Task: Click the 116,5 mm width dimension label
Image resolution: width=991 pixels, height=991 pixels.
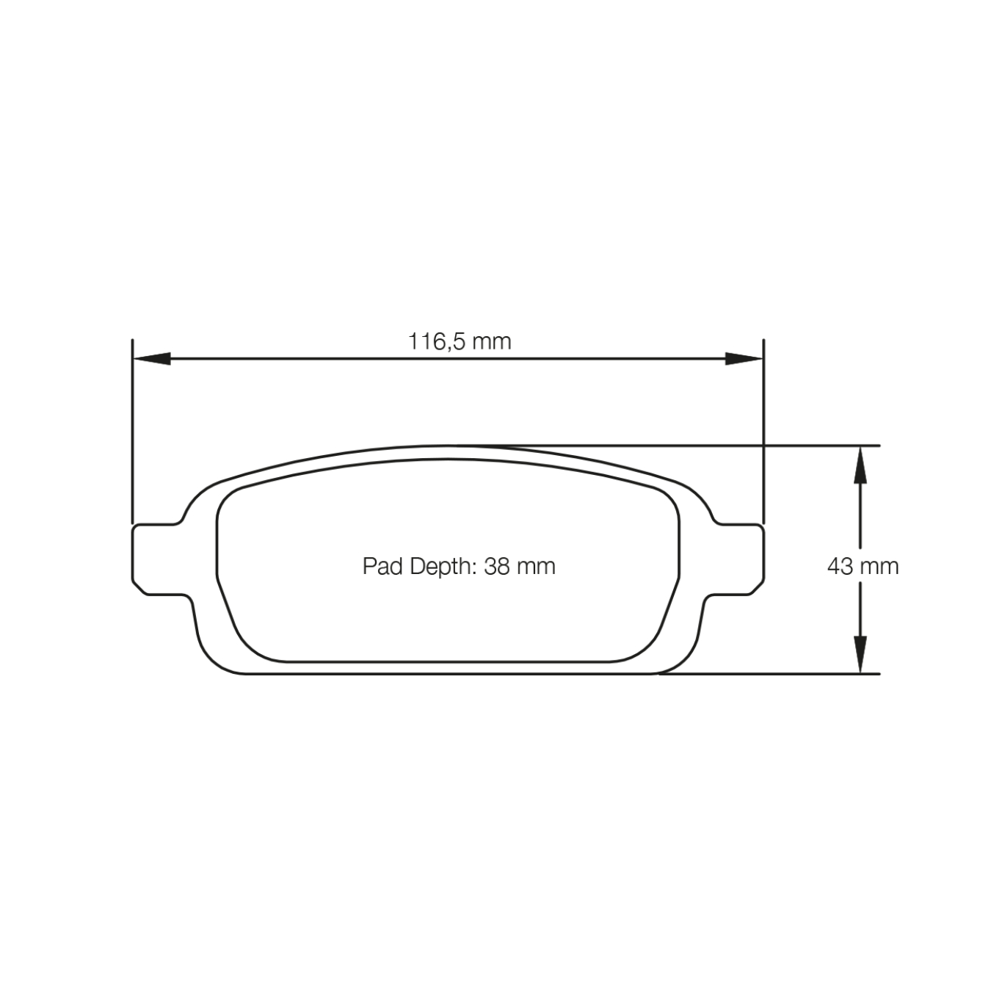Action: pyautogui.click(x=460, y=341)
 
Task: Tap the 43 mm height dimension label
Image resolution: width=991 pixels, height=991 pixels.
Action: pyautogui.click(x=863, y=566)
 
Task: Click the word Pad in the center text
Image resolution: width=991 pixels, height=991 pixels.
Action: pyautogui.click(x=382, y=566)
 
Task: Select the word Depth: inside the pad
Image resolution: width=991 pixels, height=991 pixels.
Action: pyautogui.click(x=443, y=566)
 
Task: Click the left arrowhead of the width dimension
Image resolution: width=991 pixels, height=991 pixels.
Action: pyautogui.click(x=151, y=359)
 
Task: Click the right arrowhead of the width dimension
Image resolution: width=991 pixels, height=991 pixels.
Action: pyautogui.click(x=744, y=359)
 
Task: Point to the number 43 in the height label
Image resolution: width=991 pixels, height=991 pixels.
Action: pyautogui.click(x=839, y=566)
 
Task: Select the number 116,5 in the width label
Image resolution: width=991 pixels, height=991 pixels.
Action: pyautogui.click(x=438, y=341)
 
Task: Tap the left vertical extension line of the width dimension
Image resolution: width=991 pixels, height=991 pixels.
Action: pyautogui.click(x=132, y=433)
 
